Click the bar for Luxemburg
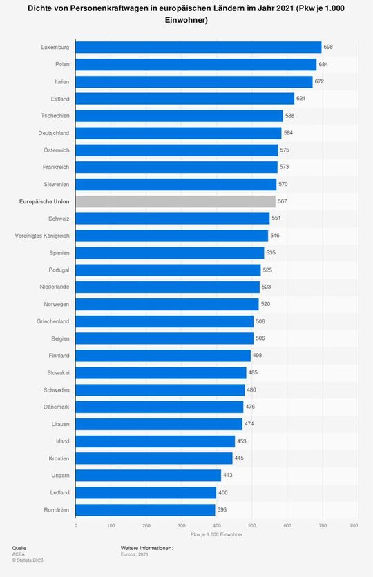point(198,47)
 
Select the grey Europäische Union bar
point(175,201)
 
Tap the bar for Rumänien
point(145,510)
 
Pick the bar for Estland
point(184,99)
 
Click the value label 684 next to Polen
point(324,64)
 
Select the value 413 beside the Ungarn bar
point(229,476)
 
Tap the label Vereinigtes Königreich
point(42,236)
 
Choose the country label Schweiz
point(59,219)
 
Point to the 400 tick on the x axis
point(217,526)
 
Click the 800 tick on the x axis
point(354,526)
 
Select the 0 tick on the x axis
point(75,526)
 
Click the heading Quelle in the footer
point(19,547)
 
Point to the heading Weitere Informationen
point(146,547)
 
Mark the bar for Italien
point(194,81)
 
